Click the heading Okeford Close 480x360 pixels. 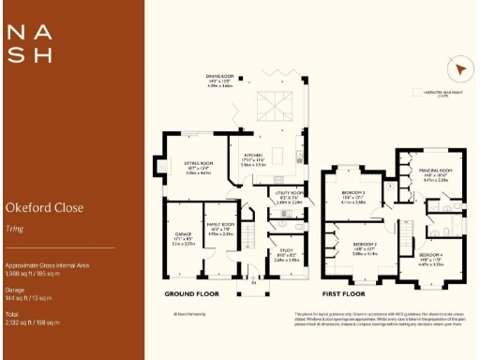(x=44, y=207)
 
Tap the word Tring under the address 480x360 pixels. (x=14, y=227)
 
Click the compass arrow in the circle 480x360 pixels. (x=458, y=71)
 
